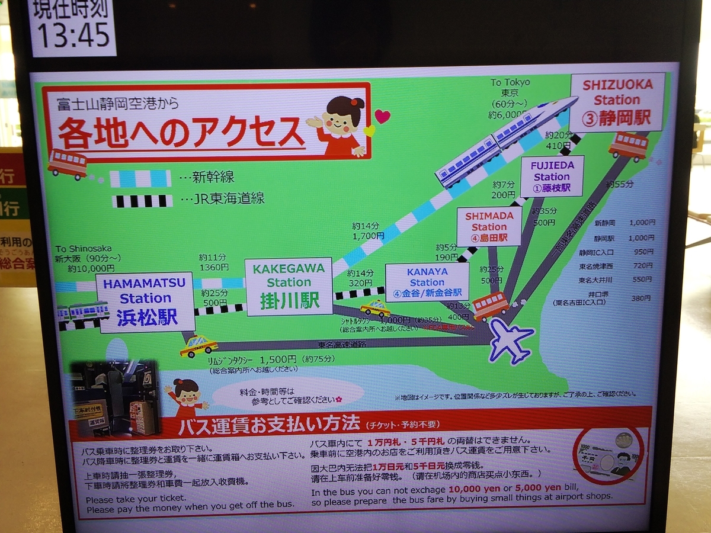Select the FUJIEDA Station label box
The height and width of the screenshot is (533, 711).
[552, 176]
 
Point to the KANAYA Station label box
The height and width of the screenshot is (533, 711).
[427, 282]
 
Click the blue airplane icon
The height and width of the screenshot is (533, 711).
[510, 340]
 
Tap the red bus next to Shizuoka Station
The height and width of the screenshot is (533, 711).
[629, 146]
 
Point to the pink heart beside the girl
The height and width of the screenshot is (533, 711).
[383, 116]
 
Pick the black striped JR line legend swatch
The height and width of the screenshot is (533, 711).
[142, 201]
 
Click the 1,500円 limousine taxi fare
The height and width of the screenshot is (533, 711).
[277, 359]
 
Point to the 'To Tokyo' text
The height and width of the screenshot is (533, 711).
[510, 82]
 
